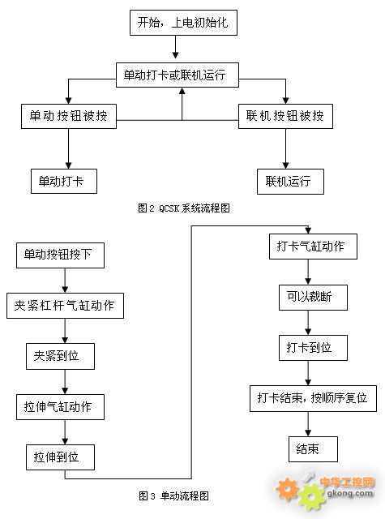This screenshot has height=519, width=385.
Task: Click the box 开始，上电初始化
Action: pos(183,23)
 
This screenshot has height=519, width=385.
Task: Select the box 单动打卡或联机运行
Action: pos(178,75)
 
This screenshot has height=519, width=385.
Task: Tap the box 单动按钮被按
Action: pos(69,116)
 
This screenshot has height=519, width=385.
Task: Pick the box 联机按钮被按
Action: pos(285,116)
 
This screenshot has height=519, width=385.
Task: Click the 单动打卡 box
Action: pos(64,181)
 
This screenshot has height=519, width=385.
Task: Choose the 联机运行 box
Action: pos(290,182)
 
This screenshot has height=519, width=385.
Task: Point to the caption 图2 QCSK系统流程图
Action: pos(184,208)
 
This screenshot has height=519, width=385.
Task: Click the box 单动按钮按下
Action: pos(60,255)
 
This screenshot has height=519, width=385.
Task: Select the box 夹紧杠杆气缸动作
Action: pos(65,306)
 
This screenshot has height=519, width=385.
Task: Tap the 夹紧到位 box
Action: pos(60,356)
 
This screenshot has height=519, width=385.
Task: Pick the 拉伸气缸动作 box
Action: pos(60,407)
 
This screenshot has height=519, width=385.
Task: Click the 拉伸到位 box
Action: pos(60,457)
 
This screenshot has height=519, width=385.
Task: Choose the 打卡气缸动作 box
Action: pos(313,247)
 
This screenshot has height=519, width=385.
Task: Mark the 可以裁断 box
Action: pos(313,298)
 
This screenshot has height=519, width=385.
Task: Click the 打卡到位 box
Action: pos(313,348)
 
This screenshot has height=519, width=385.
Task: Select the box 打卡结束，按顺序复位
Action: pos(313,398)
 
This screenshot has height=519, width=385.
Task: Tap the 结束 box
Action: pos(313,449)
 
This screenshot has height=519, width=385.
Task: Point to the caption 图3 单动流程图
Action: pos(174,495)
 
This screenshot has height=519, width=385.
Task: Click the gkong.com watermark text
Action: pos(349,493)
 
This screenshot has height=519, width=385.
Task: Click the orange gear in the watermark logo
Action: pos(287,488)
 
